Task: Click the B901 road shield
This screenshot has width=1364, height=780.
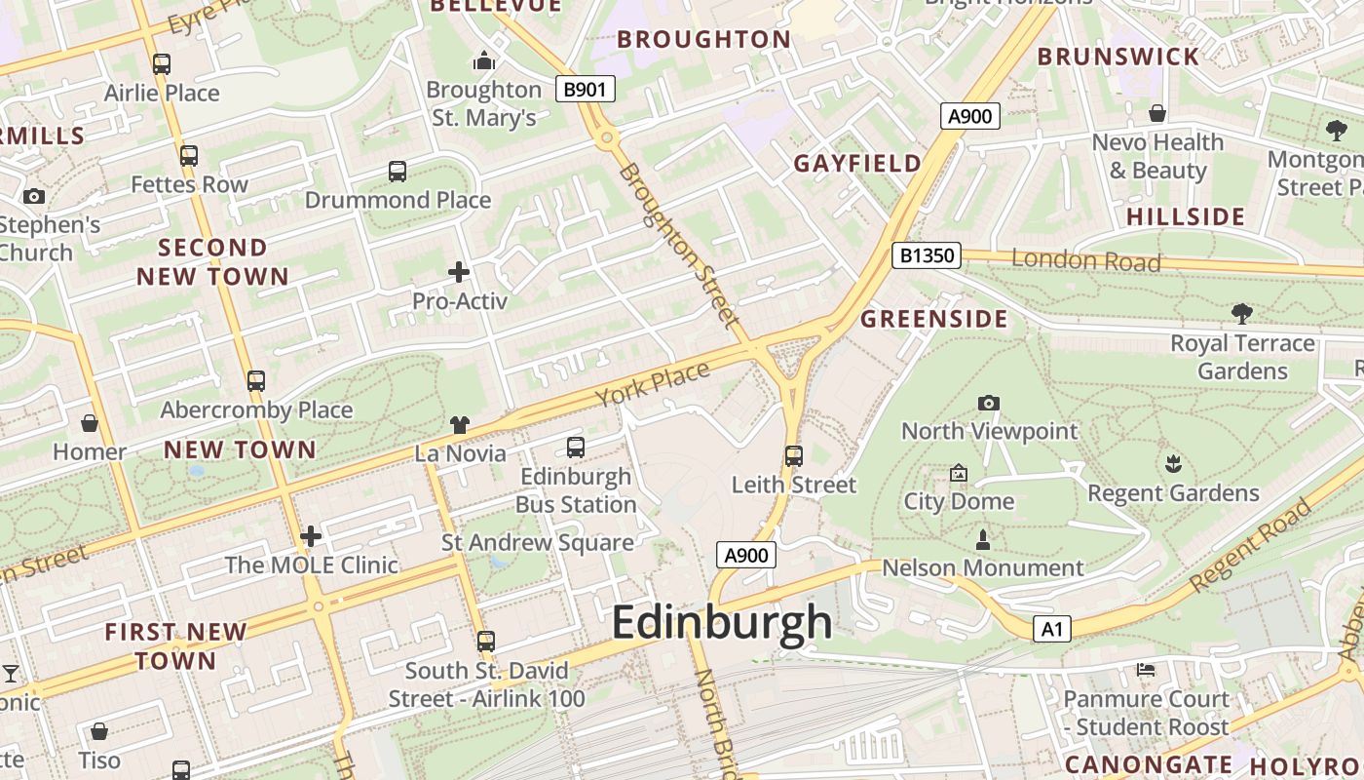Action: [x=586, y=90]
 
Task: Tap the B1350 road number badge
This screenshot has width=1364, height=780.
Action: [x=927, y=256]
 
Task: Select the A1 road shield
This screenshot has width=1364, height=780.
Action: [x=1052, y=629]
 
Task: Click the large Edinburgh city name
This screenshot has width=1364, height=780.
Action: [x=722, y=623]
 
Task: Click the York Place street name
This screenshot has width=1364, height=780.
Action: [x=653, y=384]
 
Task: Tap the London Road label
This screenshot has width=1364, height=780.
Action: [x=1086, y=260]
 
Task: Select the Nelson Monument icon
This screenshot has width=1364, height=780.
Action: [x=983, y=539]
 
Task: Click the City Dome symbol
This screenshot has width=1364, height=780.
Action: [x=959, y=474]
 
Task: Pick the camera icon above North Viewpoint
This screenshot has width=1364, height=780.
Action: [x=989, y=403]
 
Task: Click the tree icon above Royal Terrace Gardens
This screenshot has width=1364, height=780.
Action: [x=1242, y=313]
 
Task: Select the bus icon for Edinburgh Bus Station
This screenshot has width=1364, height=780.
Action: [x=576, y=448]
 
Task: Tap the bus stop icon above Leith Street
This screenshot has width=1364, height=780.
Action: [x=794, y=455]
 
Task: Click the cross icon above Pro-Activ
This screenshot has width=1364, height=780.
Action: [x=459, y=272]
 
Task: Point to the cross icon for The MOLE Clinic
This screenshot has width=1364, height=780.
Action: [x=311, y=536]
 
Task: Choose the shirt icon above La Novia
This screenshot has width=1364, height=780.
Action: [x=460, y=424]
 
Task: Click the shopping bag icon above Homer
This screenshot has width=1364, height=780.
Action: [x=90, y=423]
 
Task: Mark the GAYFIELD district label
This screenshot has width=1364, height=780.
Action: [x=857, y=163]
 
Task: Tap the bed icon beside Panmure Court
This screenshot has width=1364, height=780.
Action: [x=1146, y=670]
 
